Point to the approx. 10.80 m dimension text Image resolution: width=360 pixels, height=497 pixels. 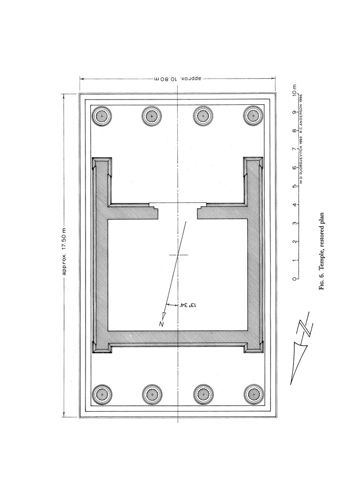pyautogui.click(x=178, y=78)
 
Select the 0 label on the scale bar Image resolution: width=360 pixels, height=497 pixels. pyautogui.click(x=295, y=279)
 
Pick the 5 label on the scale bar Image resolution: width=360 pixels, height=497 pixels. pyautogui.click(x=295, y=186)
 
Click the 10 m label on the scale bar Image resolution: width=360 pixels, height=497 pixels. pyautogui.click(x=295, y=90)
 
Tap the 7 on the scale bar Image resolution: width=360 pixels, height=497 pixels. pyautogui.click(x=295, y=149)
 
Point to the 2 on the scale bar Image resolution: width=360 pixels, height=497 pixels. pyautogui.click(x=295, y=242)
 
